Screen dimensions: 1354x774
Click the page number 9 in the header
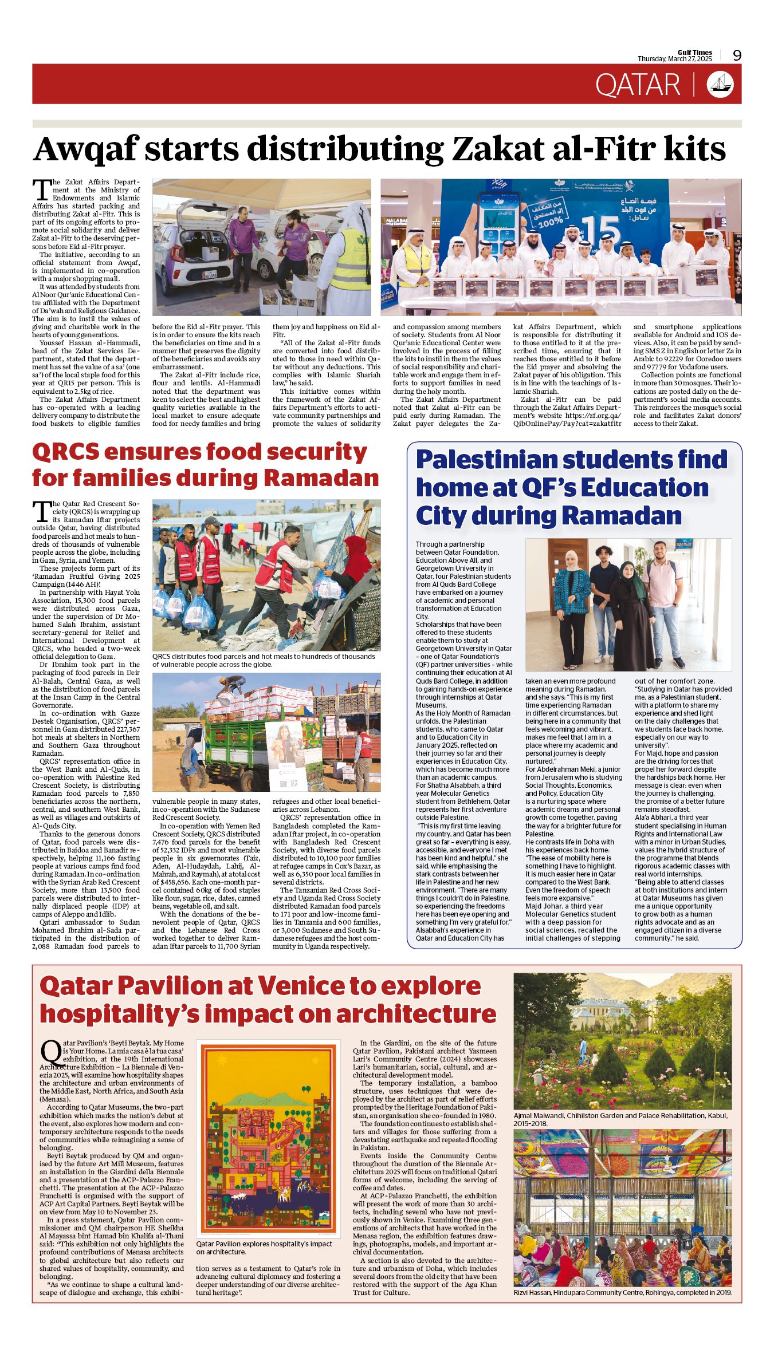[737, 55]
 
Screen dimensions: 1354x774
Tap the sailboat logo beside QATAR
[720, 84]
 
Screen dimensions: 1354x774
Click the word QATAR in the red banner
[638, 85]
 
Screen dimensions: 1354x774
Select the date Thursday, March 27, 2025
[674, 59]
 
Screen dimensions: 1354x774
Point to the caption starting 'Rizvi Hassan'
[622, 1292]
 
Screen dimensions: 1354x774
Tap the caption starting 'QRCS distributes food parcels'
[264, 661]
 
